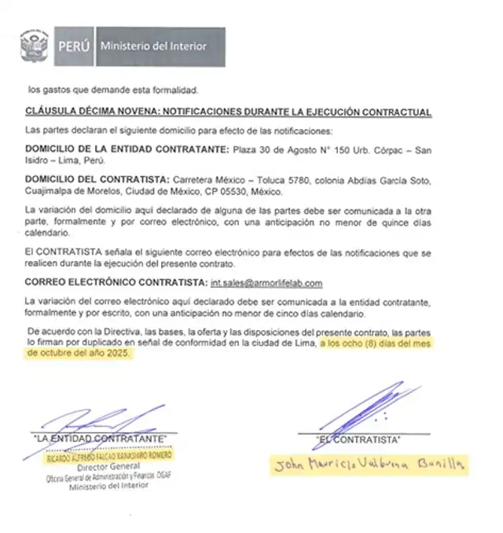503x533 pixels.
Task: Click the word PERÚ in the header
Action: pos(75,46)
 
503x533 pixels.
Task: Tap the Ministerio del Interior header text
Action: pos(153,46)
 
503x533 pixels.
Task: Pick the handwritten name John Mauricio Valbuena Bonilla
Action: pos(370,465)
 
